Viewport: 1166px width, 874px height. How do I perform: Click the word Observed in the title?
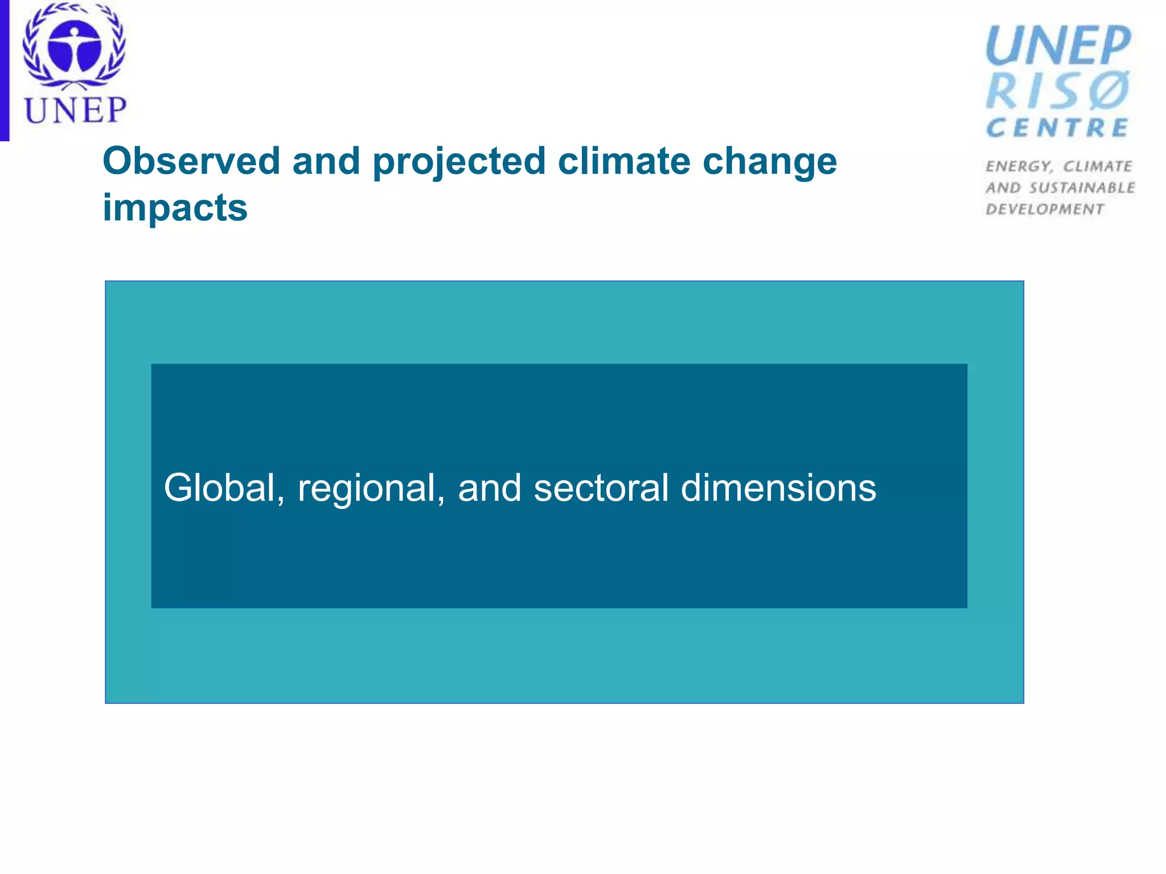(x=191, y=161)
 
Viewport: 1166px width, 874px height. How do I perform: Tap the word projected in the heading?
(x=459, y=162)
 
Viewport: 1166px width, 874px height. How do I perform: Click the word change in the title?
(x=770, y=162)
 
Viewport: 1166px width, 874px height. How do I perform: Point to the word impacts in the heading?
(x=175, y=208)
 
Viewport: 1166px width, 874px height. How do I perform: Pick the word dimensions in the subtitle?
(x=778, y=488)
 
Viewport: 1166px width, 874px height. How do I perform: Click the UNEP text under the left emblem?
(x=75, y=110)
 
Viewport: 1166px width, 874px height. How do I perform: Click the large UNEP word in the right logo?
(x=1058, y=46)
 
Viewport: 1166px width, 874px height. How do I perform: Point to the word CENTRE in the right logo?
(x=1057, y=128)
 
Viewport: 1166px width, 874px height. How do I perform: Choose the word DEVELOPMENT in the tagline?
(x=1045, y=209)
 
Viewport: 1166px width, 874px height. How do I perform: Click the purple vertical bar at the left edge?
(x=5, y=70)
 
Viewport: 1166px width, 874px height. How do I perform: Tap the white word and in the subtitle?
(x=489, y=488)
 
